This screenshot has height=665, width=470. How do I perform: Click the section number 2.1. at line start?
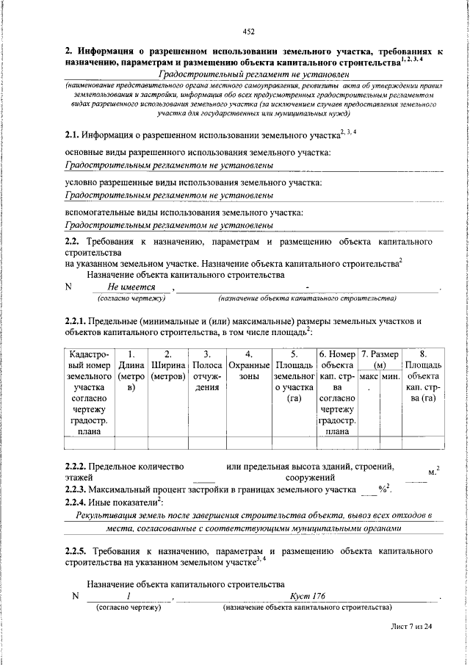coord(72,134)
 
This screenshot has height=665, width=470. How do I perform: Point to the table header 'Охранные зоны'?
coord(249,365)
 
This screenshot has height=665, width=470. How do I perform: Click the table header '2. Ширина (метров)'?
coord(168,365)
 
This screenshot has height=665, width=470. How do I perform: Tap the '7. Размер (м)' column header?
coord(380,359)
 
